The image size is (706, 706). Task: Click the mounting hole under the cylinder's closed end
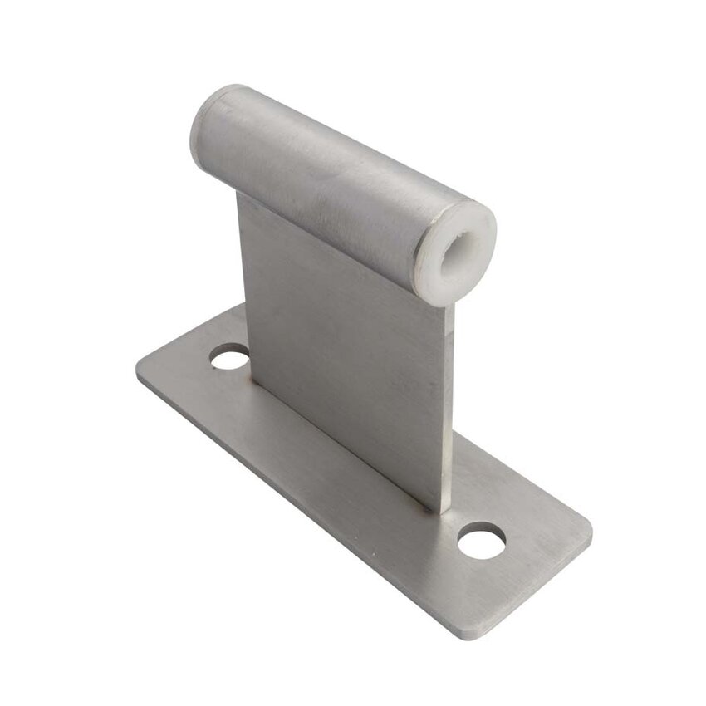point(230,359)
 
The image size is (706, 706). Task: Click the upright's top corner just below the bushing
point(449,307)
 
